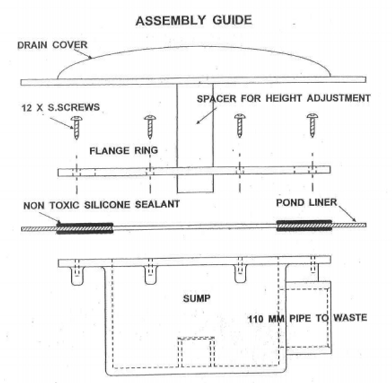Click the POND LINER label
[x=308, y=204]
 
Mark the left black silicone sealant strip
[x=84, y=228]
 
